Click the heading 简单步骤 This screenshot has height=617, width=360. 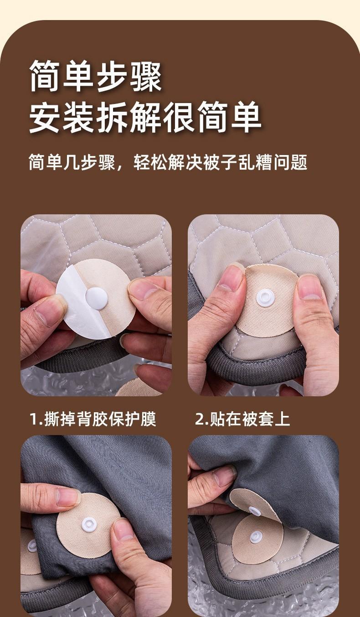pyautogui.click(x=95, y=76)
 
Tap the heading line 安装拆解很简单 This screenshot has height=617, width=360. pyautogui.click(x=145, y=117)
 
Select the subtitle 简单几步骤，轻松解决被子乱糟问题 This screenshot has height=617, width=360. pyautogui.click(x=168, y=162)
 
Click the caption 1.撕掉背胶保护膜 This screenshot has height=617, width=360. pyautogui.click(x=93, y=419)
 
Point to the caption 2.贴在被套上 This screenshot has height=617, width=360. pyautogui.click(x=242, y=419)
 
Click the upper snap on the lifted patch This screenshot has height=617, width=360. pyautogui.click(x=254, y=511)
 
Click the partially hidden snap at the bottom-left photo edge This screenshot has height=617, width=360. pyautogui.click(x=32, y=546)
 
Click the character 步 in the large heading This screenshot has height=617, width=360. pyautogui.click(x=112, y=76)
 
